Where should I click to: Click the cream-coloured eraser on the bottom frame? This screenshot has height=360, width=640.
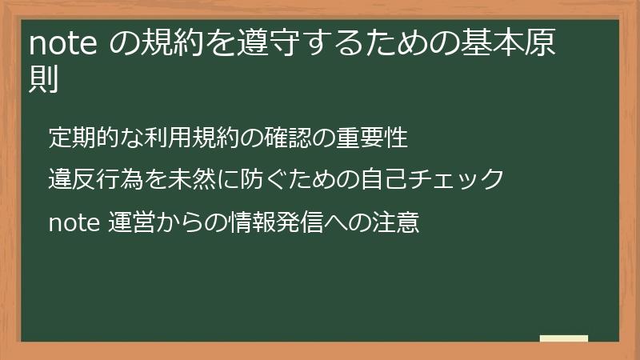564,339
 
